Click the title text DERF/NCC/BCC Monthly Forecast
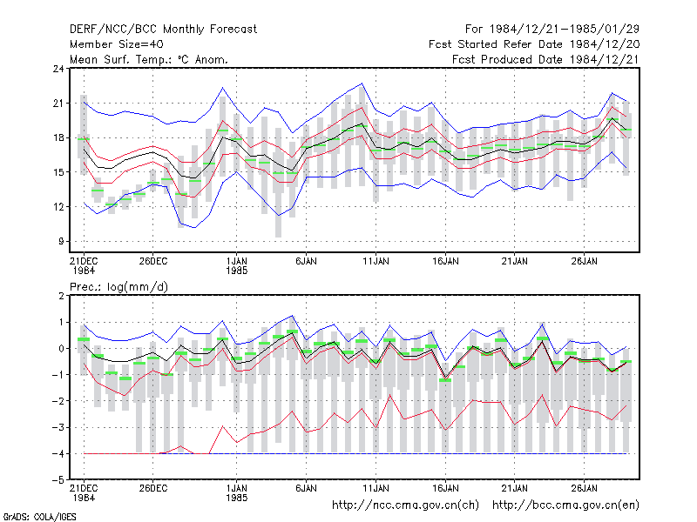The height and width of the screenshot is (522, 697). pyautogui.click(x=163, y=30)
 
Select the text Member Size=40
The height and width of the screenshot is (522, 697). pyautogui.click(x=117, y=44)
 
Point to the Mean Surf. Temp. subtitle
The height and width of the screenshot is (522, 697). pyautogui.click(x=149, y=59)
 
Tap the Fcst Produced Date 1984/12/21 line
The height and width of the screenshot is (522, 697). pyautogui.click(x=545, y=59)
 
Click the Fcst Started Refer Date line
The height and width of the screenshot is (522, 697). pyautogui.click(x=534, y=44)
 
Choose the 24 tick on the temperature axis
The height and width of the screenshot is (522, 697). pyautogui.click(x=58, y=69)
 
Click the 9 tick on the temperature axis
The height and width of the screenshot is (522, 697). pyautogui.click(x=61, y=241)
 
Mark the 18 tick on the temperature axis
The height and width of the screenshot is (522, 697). pyautogui.click(x=58, y=137)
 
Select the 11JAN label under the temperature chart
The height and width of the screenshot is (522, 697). pyautogui.click(x=376, y=261)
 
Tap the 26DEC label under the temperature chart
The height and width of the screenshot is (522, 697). pyautogui.click(x=153, y=261)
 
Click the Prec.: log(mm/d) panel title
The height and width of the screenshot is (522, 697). pyautogui.click(x=118, y=287)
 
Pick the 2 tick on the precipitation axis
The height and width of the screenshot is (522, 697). pyautogui.click(x=61, y=296)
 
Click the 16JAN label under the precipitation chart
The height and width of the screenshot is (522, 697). pyautogui.click(x=445, y=488)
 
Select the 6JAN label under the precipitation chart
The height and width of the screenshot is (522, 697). pyautogui.click(x=307, y=488)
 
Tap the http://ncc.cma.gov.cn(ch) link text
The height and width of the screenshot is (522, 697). pyautogui.click(x=405, y=505)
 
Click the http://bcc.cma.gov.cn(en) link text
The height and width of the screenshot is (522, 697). pyautogui.click(x=565, y=505)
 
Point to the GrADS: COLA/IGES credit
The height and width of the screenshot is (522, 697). pyautogui.click(x=39, y=517)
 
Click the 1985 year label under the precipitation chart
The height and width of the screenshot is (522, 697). pyautogui.click(x=236, y=498)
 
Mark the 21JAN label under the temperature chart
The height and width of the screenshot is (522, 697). pyautogui.click(x=515, y=261)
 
